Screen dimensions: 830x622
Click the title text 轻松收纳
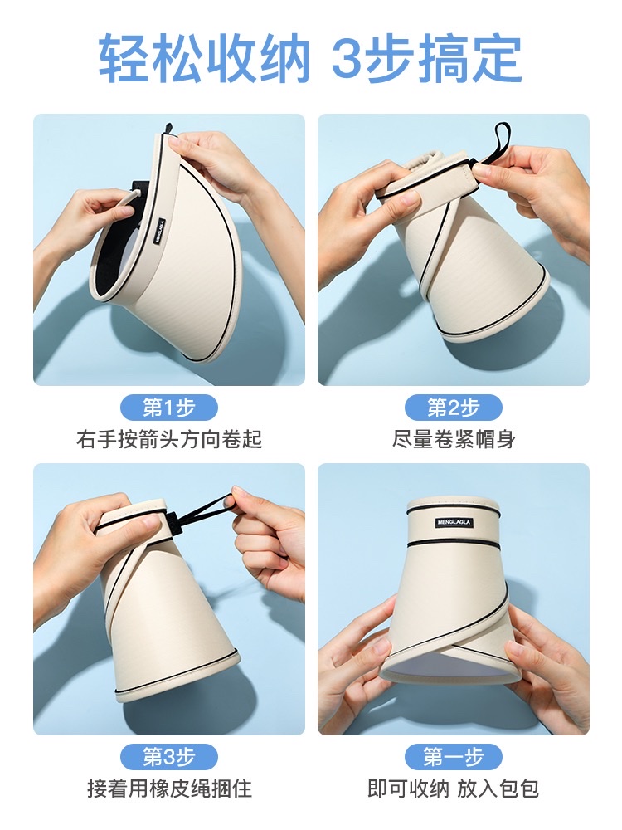(204, 58)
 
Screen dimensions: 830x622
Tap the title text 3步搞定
(426, 58)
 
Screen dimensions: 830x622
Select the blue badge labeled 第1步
(169, 408)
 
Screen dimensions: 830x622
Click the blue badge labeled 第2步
(454, 408)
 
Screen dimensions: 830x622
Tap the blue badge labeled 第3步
(169, 757)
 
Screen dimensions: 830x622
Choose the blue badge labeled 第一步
(454, 757)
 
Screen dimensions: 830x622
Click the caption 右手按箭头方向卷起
(169, 439)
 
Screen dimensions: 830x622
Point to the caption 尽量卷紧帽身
(454, 439)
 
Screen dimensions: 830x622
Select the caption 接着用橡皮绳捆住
(169, 788)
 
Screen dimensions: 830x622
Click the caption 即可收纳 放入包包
(454, 788)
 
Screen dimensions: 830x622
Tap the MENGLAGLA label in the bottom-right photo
(454, 523)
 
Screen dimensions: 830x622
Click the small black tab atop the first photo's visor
(168, 129)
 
